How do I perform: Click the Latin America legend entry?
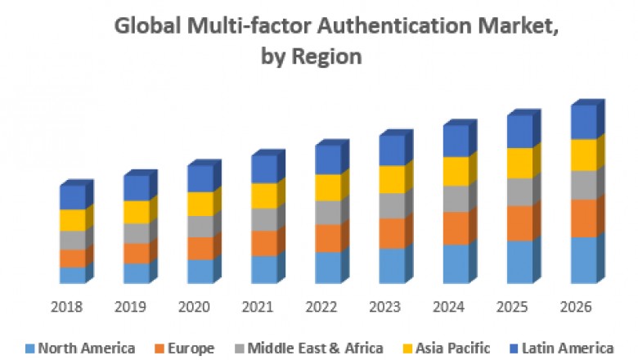[564, 348]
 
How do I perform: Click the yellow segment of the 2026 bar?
[583, 155]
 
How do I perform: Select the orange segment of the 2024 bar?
[456, 228]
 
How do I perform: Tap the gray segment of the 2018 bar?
[72, 240]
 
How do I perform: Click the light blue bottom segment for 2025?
[519, 262]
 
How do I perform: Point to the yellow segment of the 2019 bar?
[136, 212]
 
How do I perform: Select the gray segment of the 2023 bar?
[392, 205]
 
